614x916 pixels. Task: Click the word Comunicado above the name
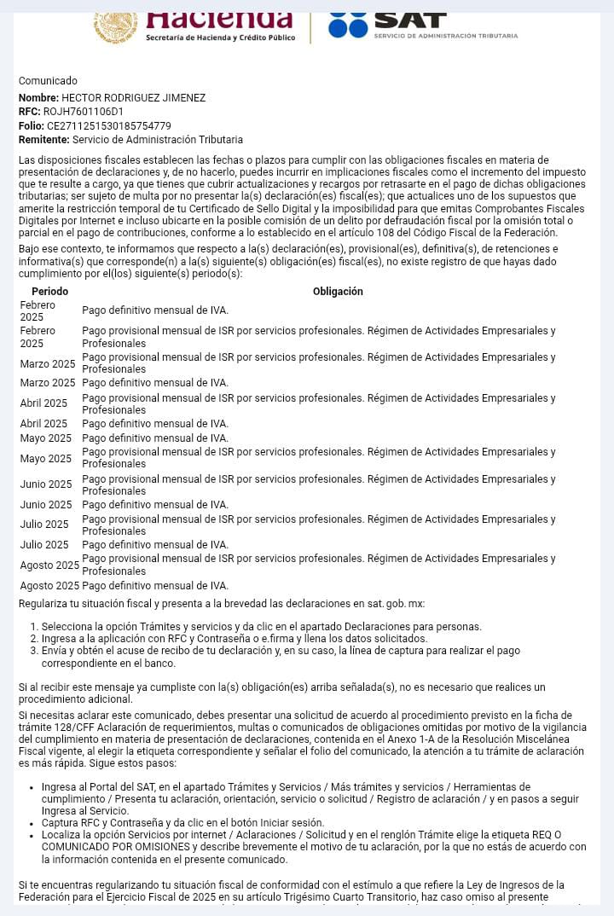48,81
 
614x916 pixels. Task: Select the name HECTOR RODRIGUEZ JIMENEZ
133,98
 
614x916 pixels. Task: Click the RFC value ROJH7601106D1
84,112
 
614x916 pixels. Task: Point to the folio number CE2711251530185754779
108,126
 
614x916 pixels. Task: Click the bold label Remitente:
44,140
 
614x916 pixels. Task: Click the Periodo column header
49,292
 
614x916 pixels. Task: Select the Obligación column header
338,292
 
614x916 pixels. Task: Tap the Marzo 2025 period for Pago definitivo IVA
48,383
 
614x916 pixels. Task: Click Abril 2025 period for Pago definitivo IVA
43,424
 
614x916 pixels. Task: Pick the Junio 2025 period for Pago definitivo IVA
46,505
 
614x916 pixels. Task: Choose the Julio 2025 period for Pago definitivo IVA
44,545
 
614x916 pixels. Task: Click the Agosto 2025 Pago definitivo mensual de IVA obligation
155,586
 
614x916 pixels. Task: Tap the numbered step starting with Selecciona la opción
261,627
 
